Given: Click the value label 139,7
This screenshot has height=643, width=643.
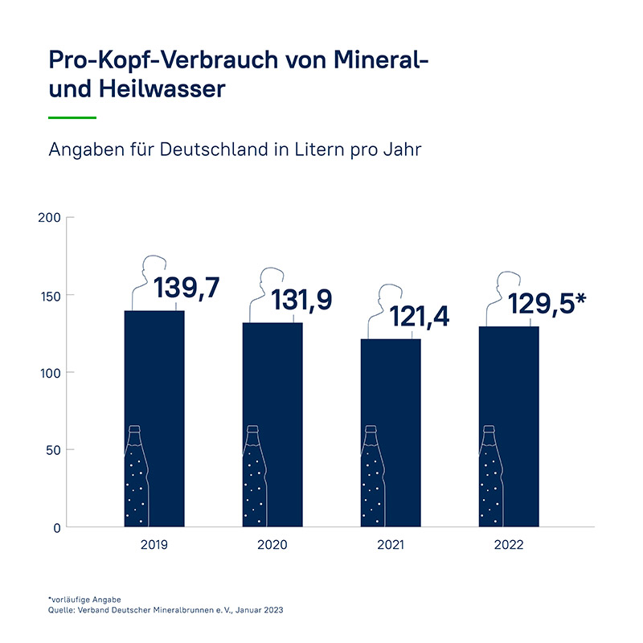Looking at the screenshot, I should click(187, 287).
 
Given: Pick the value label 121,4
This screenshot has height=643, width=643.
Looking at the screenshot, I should click(420, 316).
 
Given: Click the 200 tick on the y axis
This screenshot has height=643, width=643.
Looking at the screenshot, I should click(50, 218).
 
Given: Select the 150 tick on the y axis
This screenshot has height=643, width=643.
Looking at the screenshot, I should click(50, 295).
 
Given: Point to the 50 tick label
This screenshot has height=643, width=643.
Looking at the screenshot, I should click(52, 450).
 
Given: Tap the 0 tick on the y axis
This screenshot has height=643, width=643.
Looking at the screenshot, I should click(56, 527).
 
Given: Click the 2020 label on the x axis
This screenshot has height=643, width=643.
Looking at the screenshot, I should click(272, 545).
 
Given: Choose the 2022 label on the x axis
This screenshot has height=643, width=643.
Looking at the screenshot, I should click(510, 545).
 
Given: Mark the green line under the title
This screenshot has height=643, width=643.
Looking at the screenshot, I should click(72, 117).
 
